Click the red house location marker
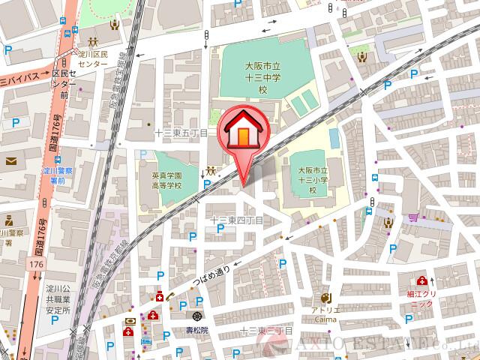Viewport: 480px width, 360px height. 242,133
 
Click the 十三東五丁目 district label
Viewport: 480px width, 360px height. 181,133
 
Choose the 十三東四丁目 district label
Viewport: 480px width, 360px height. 236,220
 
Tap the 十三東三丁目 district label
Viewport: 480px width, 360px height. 265,331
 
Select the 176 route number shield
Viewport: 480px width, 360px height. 35,265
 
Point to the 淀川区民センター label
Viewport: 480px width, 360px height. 94,59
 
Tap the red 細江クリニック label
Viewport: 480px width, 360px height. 421,298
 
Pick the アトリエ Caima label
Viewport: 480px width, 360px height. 325,314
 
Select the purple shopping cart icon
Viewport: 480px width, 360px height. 413,217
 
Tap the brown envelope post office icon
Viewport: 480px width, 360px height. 11,160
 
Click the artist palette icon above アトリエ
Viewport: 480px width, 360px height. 325,297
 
